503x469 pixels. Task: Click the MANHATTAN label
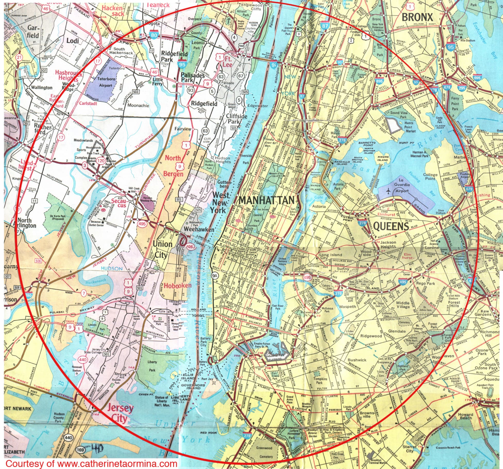[x=266, y=200]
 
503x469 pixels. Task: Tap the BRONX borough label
[x=417, y=17]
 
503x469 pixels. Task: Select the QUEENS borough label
[x=391, y=226]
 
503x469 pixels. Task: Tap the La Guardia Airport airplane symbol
[x=389, y=191]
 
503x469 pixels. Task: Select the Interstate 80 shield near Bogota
[x=154, y=35]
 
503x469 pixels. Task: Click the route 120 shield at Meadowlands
[x=101, y=161]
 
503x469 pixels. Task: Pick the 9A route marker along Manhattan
[x=214, y=276]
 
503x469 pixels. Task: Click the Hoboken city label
[x=178, y=286]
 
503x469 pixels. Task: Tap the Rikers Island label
[x=383, y=158]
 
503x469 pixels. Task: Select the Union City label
[x=163, y=249]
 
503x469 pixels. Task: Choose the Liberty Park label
[x=152, y=366]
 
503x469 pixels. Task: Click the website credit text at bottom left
[x=91, y=463]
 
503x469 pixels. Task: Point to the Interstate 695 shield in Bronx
[x=477, y=78]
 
